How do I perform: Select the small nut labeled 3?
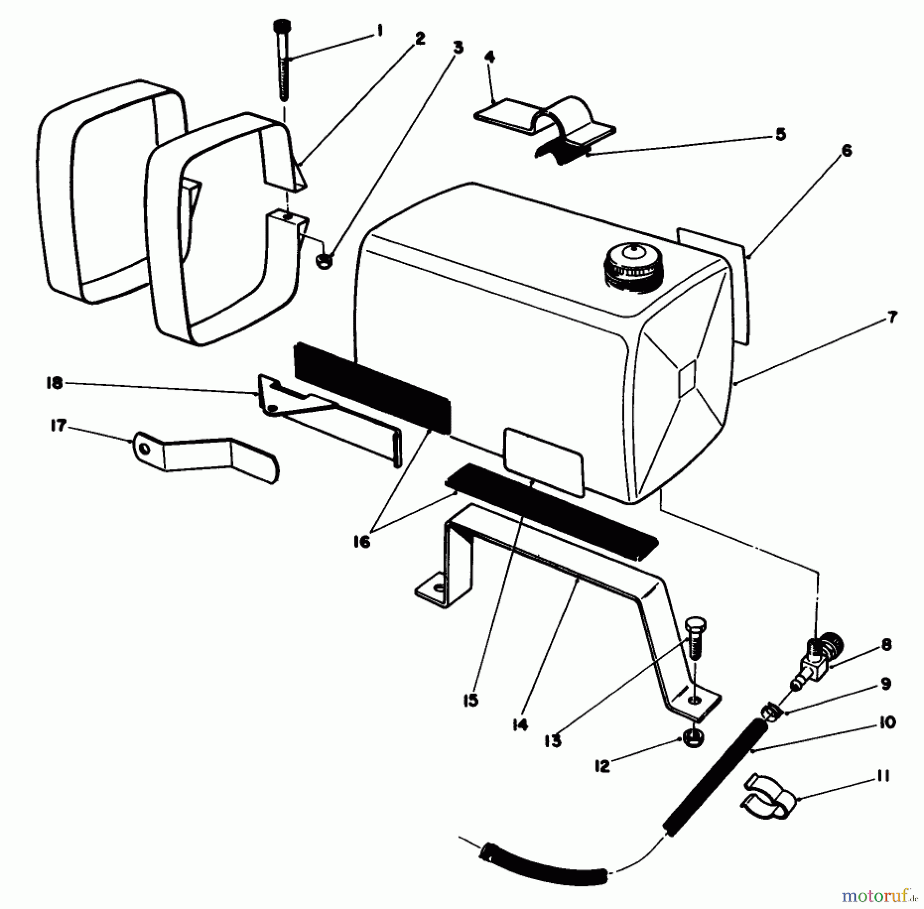tap(324, 261)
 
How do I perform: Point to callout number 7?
tap(892, 317)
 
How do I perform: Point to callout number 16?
tap(362, 542)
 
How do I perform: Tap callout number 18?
tap(54, 383)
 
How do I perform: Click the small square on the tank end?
tap(686, 377)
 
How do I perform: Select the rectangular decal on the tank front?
tap(544, 462)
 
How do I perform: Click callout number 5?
tap(780, 135)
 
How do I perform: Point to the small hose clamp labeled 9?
tap(770, 712)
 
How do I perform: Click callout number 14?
tap(519, 725)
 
